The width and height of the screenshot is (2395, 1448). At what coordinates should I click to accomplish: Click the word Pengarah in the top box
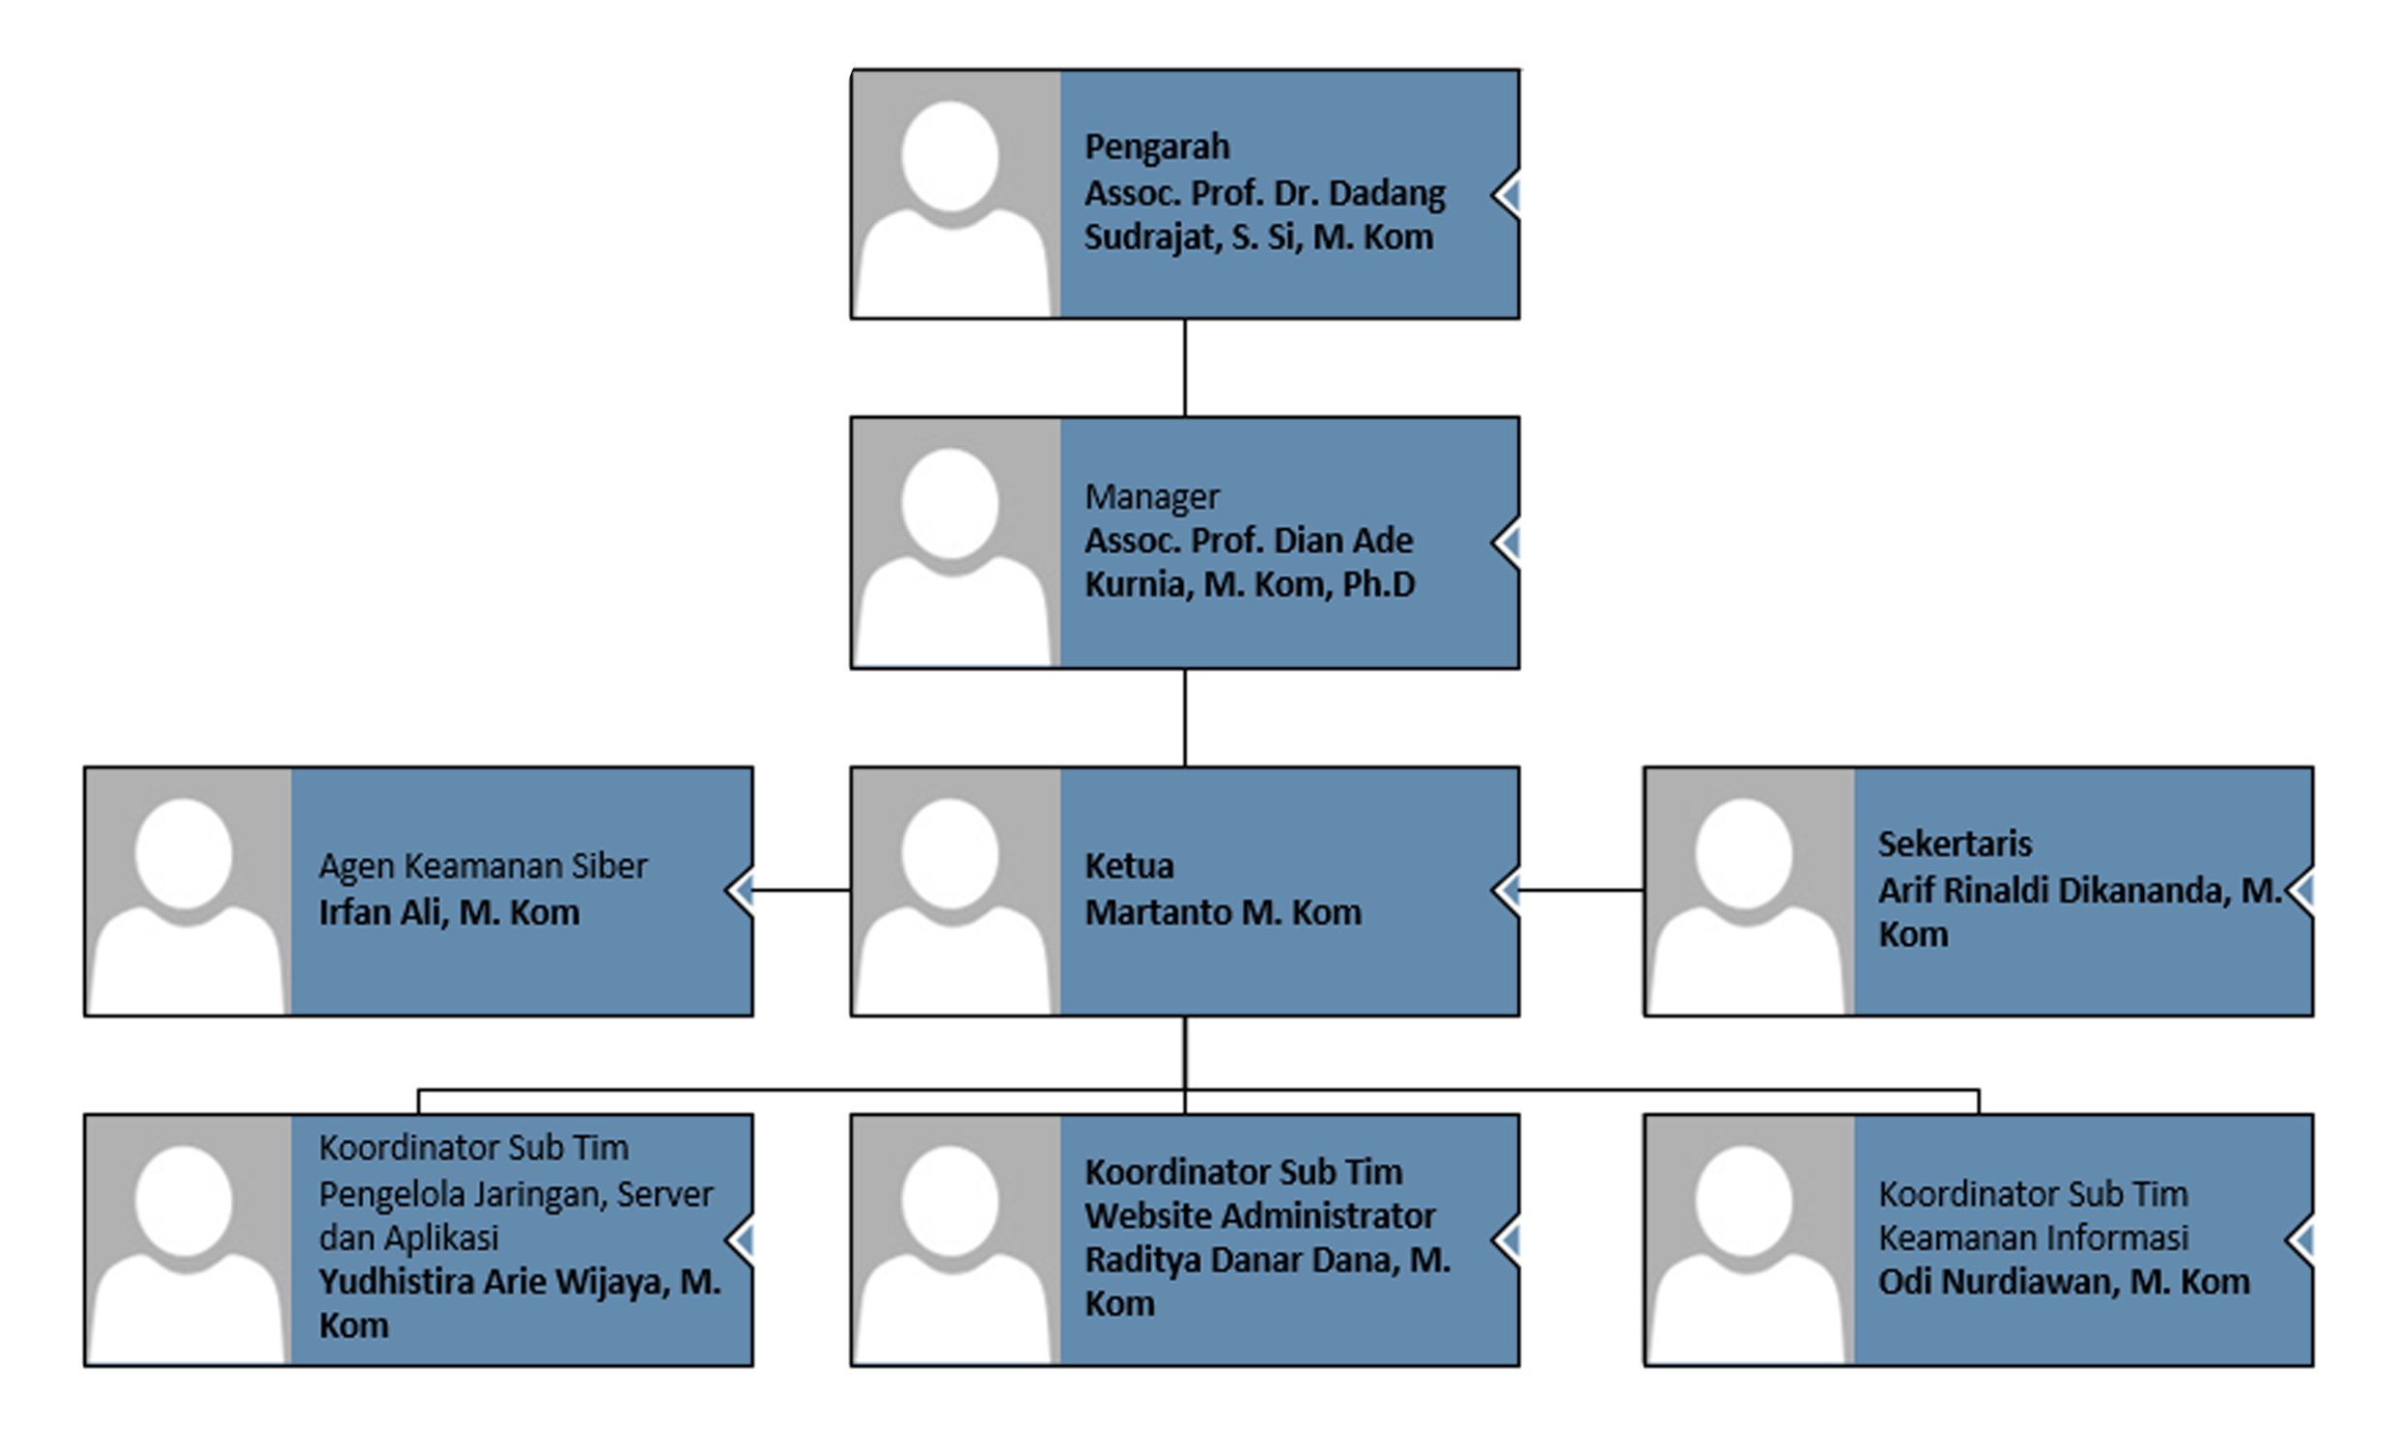coord(1157,148)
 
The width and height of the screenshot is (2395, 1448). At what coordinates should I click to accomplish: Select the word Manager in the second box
coord(1152,496)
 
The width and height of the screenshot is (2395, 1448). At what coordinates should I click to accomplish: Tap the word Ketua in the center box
coord(1130,866)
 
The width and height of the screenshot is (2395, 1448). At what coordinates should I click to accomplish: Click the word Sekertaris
coord(1955,844)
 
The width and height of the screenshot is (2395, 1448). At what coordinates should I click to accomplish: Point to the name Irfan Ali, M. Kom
coord(449,912)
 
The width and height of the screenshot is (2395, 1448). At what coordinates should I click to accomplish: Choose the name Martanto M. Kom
coord(1223,912)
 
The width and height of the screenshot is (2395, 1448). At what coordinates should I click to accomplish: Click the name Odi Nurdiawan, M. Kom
coord(2064,1282)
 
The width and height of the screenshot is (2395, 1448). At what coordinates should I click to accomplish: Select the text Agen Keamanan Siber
coord(483,866)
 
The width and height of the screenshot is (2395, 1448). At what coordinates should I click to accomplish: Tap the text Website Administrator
coord(1259,1215)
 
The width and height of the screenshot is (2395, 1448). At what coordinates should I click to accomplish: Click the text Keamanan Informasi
coord(2034,1239)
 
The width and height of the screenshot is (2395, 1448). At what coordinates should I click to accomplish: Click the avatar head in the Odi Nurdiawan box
coord(1744,1200)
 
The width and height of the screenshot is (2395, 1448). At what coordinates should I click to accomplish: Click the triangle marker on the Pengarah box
coord(1507,195)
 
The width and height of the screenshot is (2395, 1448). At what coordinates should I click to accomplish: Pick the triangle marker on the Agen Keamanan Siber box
coord(741,889)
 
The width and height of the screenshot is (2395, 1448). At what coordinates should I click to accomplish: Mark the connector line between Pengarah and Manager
coord(1185,369)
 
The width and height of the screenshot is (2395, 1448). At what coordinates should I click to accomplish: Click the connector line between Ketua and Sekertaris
coord(1582,889)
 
